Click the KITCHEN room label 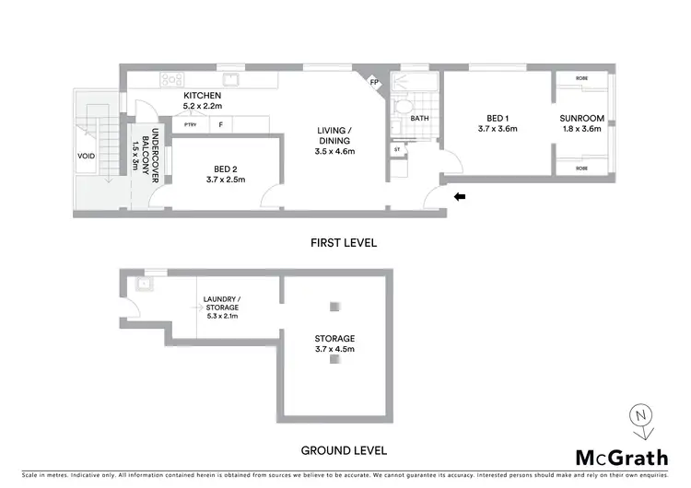pos(202,97)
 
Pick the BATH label pos(420,118)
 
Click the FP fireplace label pos(373,83)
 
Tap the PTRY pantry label pos(191,124)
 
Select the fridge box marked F pos(220,124)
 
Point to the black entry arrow pos(460,196)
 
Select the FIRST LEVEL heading pos(344,243)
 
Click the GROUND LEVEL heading pos(344,451)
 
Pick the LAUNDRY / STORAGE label pos(221,303)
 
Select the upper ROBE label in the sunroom pos(581,78)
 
